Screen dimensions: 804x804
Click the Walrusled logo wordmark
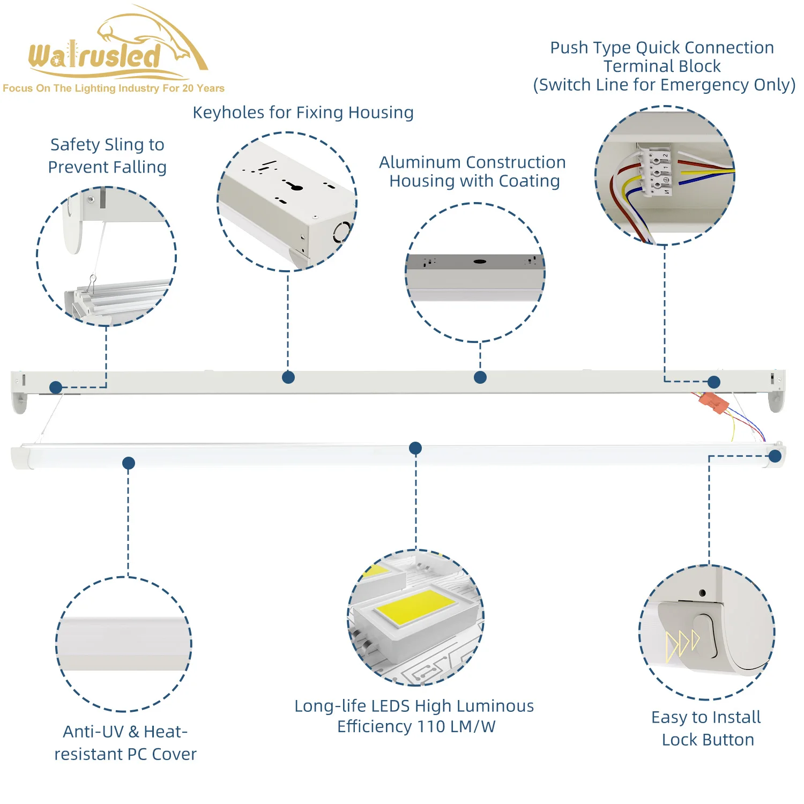pos(95,56)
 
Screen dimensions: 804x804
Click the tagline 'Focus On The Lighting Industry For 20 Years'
pos(114,88)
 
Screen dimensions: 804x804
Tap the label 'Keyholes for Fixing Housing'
pos(303,113)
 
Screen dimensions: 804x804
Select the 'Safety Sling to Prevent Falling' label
pos(107,155)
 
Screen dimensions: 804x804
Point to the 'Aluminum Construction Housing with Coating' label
pos(473,172)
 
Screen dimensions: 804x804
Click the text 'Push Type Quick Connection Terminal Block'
pos(662,57)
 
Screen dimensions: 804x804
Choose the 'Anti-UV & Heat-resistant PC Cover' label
pos(125,742)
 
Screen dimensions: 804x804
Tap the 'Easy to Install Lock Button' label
pos(706,728)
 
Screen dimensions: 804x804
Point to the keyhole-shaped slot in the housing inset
pos(293,186)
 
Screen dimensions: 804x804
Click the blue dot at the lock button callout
pos(775,456)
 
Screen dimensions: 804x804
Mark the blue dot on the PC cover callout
pos(129,463)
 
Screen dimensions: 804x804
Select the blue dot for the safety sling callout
pos(56,387)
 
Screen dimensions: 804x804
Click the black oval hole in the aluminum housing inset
pos(480,262)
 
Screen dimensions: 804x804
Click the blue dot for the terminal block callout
pos(714,382)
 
